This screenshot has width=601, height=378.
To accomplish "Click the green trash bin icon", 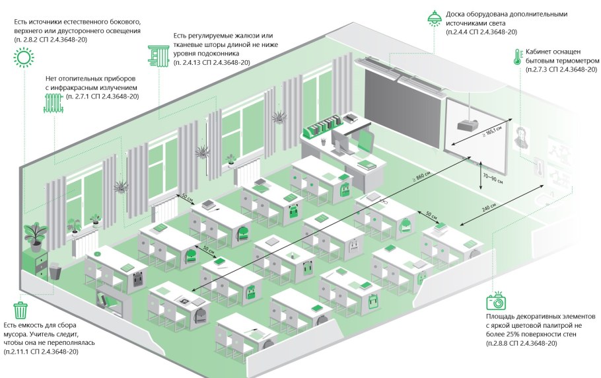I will pos(21,309).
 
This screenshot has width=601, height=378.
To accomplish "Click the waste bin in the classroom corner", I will pos(55,270).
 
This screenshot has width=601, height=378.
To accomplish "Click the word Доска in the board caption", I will pos(459,14).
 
